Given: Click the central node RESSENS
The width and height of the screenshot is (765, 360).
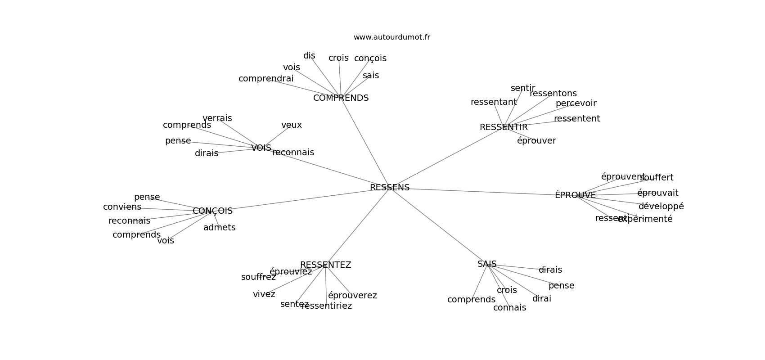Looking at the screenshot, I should [389, 188].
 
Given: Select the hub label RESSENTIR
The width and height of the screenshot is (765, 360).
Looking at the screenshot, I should [503, 127].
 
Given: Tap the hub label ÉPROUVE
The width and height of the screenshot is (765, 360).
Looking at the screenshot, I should [575, 195].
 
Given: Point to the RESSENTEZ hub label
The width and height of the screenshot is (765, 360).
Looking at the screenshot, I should [325, 265].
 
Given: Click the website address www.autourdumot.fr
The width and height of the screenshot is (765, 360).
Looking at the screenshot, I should [391, 37].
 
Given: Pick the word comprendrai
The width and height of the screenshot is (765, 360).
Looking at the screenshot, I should [265, 79].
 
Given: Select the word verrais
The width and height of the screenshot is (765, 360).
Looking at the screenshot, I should [217, 118].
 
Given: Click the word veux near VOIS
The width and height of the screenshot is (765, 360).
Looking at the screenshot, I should [291, 125].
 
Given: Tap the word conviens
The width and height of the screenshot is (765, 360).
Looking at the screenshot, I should [122, 207].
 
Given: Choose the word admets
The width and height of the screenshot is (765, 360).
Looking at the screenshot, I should [219, 228].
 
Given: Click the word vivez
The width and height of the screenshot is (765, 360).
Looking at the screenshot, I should [264, 294].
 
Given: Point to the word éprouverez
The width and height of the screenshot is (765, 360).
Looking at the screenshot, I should [352, 296].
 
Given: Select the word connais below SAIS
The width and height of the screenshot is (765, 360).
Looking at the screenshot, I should [509, 308].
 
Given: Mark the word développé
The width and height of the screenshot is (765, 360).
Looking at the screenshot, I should [661, 207].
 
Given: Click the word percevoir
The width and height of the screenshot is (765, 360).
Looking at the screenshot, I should [576, 103].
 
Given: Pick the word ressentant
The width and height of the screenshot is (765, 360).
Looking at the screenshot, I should [493, 102].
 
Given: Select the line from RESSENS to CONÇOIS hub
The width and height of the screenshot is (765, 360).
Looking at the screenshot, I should [301, 199].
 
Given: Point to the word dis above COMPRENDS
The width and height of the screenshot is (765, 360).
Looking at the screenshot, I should [309, 56].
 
